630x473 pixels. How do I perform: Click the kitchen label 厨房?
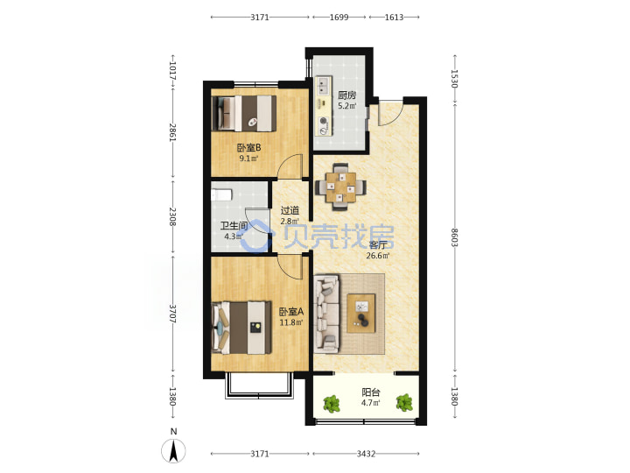pos(346,95)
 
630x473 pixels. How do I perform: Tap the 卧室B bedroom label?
pos(248,148)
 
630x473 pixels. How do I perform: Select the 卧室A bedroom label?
pos(291,312)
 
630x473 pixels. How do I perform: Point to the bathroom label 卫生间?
pos(234,226)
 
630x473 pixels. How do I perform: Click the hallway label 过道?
pos(290,210)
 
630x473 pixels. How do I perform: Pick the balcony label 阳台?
pos(371,392)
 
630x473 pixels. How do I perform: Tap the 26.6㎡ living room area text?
pos(378,256)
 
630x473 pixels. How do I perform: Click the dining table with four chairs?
pos(340,187)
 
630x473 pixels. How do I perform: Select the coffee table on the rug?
pos(361,314)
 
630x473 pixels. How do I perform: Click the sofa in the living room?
pos(327,314)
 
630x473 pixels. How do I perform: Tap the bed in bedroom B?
pos(244,113)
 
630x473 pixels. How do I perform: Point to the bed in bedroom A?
pos(241,328)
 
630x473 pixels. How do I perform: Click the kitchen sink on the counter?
pos(324,85)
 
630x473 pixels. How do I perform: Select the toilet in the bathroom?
pos(221,194)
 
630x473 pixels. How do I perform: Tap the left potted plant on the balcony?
pos(332,404)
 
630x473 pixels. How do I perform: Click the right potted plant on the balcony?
pos(404,403)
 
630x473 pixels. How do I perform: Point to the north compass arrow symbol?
pos(173,451)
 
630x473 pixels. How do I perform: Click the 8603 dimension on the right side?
pos(454,237)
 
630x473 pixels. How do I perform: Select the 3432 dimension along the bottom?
pos(366,454)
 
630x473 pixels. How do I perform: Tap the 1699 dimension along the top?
pos(339,18)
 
